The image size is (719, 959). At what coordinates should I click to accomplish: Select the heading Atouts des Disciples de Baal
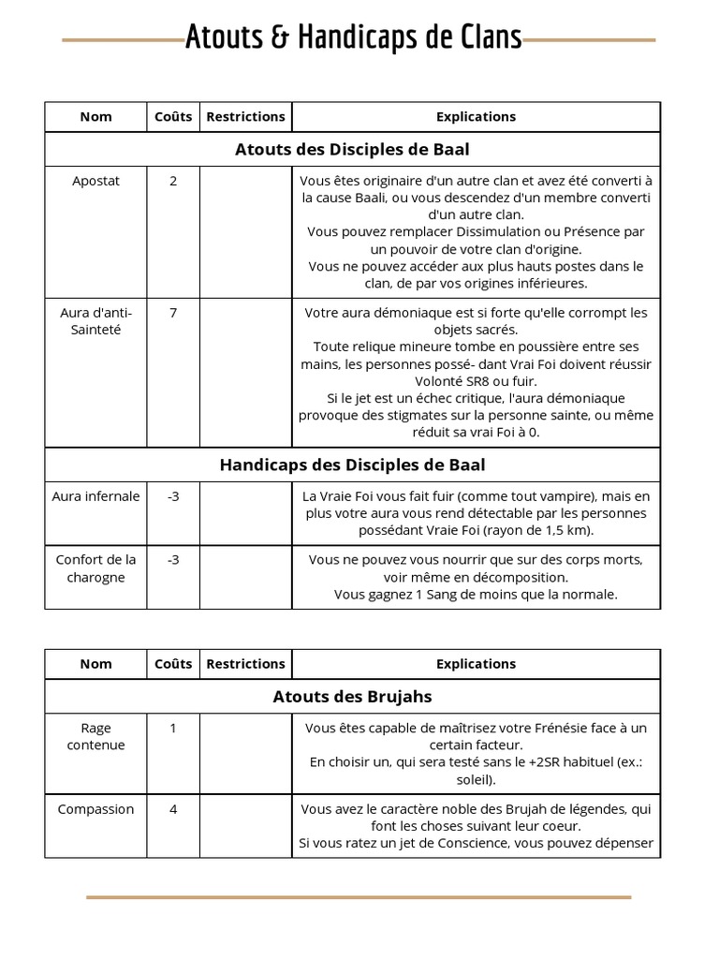point(352,150)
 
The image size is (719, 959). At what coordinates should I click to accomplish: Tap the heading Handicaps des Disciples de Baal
point(352,465)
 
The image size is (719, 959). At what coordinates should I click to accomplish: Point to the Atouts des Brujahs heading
point(352,697)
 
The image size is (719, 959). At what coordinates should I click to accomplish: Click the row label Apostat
point(95,181)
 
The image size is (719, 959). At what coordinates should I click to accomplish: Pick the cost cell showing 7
point(173,313)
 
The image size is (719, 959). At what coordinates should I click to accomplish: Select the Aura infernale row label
point(95,496)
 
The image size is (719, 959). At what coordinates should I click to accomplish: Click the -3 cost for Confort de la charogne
point(173,560)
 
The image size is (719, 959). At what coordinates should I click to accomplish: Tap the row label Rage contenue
point(95,736)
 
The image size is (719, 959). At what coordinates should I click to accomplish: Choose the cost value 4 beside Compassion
point(173,809)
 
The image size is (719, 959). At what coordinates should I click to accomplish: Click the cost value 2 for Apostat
point(173,181)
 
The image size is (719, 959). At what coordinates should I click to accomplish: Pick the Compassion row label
point(95,809)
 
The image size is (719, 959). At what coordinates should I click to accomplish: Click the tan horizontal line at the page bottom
point(359,897)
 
